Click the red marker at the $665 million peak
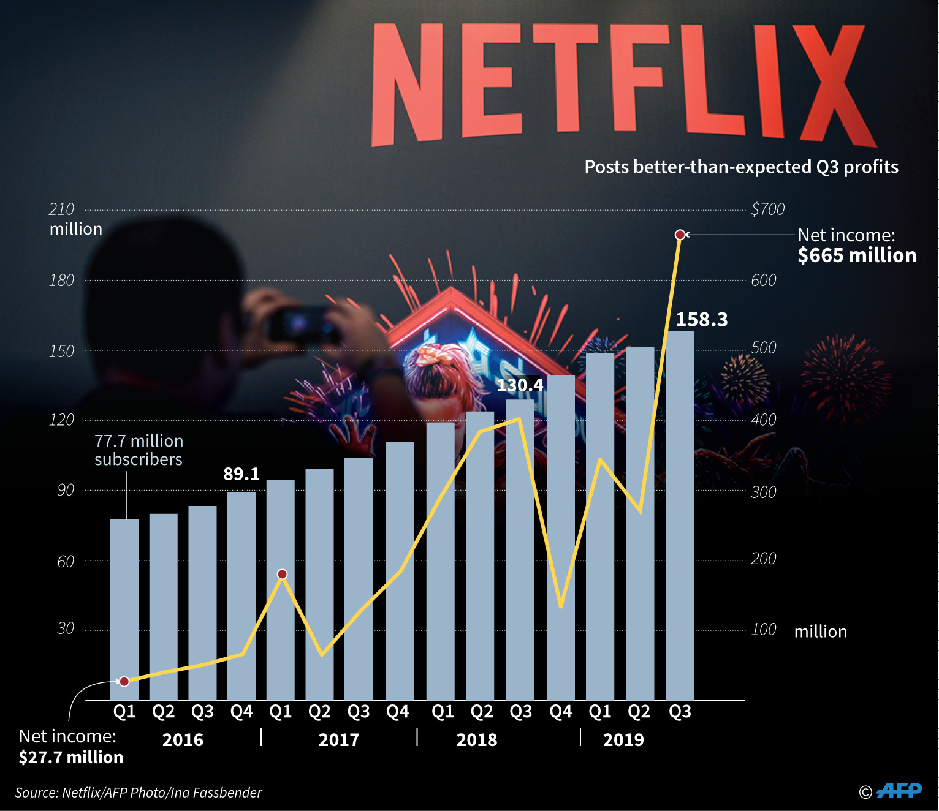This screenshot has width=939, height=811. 680,235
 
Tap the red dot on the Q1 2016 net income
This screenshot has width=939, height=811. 124,682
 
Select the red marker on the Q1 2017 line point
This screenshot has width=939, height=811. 282,574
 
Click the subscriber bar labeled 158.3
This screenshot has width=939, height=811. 680,515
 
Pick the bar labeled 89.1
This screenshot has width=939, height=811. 241,594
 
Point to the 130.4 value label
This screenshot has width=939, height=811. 520,385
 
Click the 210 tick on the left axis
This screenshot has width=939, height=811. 61,209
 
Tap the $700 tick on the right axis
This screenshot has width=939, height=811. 767,209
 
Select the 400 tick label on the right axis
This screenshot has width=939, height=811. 764,420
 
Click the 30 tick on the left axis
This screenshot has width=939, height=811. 66,628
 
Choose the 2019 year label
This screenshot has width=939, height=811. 623,740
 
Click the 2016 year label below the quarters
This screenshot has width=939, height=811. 183,740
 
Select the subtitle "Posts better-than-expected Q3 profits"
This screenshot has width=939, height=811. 741,167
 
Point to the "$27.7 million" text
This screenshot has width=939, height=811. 71,758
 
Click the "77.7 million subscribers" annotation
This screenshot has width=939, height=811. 139,450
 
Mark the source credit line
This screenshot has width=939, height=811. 139,793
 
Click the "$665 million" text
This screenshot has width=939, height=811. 857,255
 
